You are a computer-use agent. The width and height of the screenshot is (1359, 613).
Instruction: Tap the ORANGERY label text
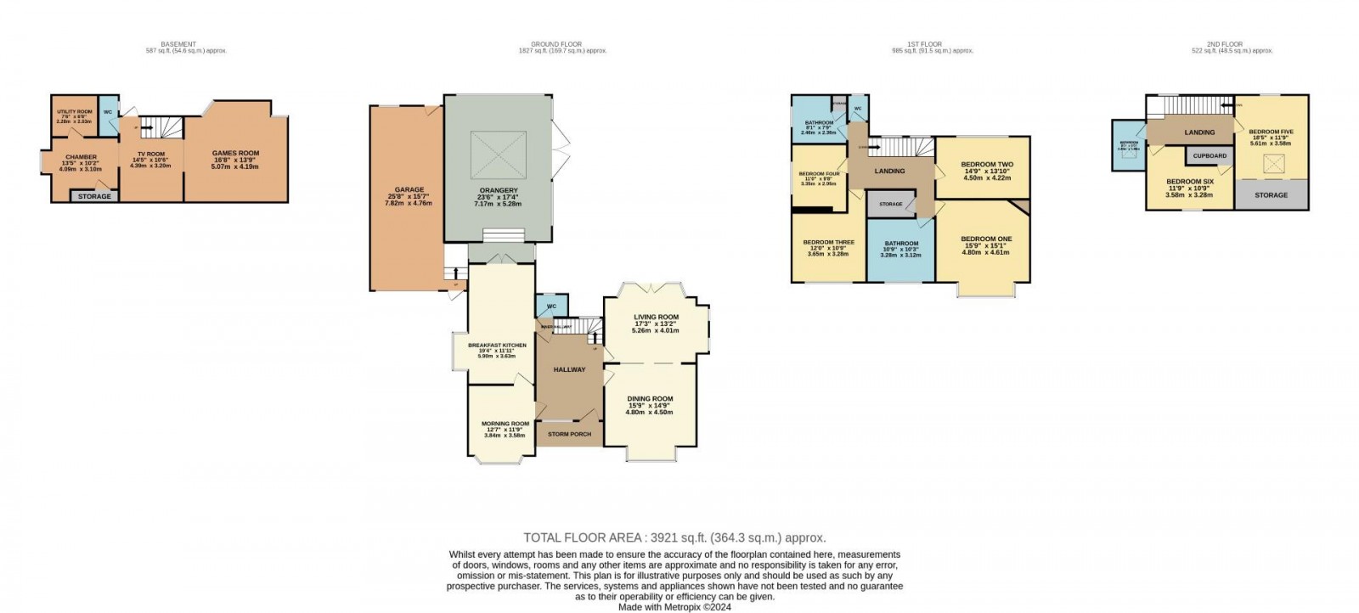[498, 190]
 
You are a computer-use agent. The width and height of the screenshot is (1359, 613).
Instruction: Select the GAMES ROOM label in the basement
[235, 154]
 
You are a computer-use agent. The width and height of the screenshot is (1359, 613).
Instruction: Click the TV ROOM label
[151, 155]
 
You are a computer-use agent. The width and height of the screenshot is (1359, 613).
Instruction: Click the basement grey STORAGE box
[94, 196]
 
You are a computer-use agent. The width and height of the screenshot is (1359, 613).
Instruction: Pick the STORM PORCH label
[569, 434]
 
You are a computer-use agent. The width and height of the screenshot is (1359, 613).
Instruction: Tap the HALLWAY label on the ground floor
[569, 369]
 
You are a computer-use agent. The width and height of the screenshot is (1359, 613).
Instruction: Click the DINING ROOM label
[650, 398]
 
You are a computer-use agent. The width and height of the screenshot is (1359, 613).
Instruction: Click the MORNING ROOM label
[505, 424]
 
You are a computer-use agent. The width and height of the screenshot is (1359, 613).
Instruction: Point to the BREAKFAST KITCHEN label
[497, 346]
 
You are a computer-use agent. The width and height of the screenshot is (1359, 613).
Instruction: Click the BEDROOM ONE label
[986, 239]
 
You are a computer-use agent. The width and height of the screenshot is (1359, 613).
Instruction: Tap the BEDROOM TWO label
[986, 165]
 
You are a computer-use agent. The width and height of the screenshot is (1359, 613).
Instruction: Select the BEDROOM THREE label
[828, 243]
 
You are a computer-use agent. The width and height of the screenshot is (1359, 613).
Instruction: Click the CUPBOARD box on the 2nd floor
[1210, 156]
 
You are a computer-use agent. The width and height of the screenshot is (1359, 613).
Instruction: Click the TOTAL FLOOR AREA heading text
[674, 537]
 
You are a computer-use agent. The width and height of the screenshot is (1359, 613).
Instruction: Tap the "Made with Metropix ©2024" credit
[674, 606]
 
